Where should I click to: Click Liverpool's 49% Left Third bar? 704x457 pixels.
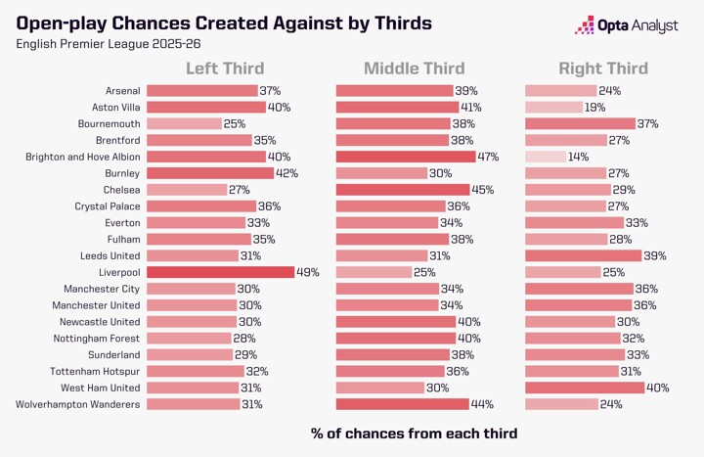220,272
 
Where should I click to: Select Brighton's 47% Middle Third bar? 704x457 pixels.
405,157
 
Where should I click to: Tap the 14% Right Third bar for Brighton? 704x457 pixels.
546,157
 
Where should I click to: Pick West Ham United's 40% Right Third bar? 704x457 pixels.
585,388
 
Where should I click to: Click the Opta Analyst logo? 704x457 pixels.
627,26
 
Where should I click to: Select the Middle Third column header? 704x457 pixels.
414,69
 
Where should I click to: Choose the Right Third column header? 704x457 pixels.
602,69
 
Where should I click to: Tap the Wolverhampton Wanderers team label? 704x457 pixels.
78,404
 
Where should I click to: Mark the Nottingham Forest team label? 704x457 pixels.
96,338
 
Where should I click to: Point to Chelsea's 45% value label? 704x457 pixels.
483,190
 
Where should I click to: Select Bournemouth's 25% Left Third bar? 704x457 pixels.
184,124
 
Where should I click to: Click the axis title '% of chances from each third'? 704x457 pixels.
414,433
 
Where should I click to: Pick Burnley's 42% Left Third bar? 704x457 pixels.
210,173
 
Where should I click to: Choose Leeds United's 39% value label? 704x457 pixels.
654,255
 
